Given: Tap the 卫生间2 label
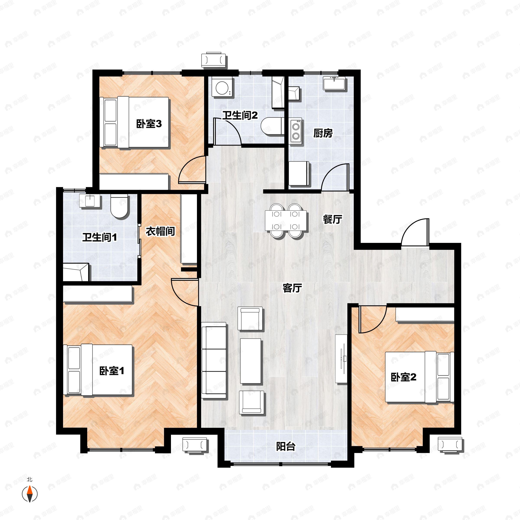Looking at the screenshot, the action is click(240, 115).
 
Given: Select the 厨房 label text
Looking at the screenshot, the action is click(323, 133).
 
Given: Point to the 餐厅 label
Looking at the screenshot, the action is click(332, 219).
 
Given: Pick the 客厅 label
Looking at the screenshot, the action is click(292, 288).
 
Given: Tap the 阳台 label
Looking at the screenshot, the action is click(286, 447).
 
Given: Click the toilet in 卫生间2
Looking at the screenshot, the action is click(273, 126).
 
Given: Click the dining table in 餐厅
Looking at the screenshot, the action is click(286, 221).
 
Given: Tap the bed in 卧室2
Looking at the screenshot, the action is click(419, 377).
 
